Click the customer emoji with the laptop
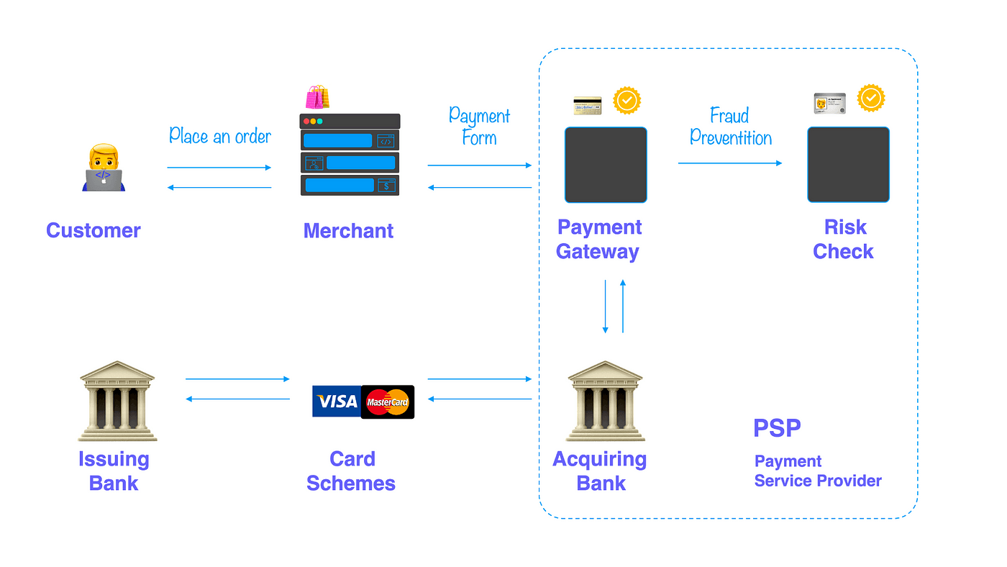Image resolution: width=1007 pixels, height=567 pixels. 104,168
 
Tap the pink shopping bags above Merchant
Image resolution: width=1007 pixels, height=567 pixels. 317,97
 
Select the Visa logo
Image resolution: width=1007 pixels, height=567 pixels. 336,402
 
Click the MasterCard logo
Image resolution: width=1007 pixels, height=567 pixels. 388,402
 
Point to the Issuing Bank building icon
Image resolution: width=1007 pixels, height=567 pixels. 117,401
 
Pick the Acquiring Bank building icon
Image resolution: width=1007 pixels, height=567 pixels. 605,401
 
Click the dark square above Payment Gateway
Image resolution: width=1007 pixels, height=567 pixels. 606,165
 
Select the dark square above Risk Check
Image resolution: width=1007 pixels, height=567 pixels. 848,165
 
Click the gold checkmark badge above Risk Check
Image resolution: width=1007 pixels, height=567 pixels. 870,98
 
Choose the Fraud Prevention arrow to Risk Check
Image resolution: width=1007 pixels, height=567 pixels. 729,163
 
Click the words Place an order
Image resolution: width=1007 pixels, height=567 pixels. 220,135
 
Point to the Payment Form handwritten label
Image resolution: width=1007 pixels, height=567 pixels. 479,126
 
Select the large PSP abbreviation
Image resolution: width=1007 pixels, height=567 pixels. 777,428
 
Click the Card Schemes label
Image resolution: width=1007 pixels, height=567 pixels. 351,471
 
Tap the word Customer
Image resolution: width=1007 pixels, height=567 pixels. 94,230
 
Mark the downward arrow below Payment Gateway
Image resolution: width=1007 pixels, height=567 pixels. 606,306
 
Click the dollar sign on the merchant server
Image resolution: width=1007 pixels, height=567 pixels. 387,186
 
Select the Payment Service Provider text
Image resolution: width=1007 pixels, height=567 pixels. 818,471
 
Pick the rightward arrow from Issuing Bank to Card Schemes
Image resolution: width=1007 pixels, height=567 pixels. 237,378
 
